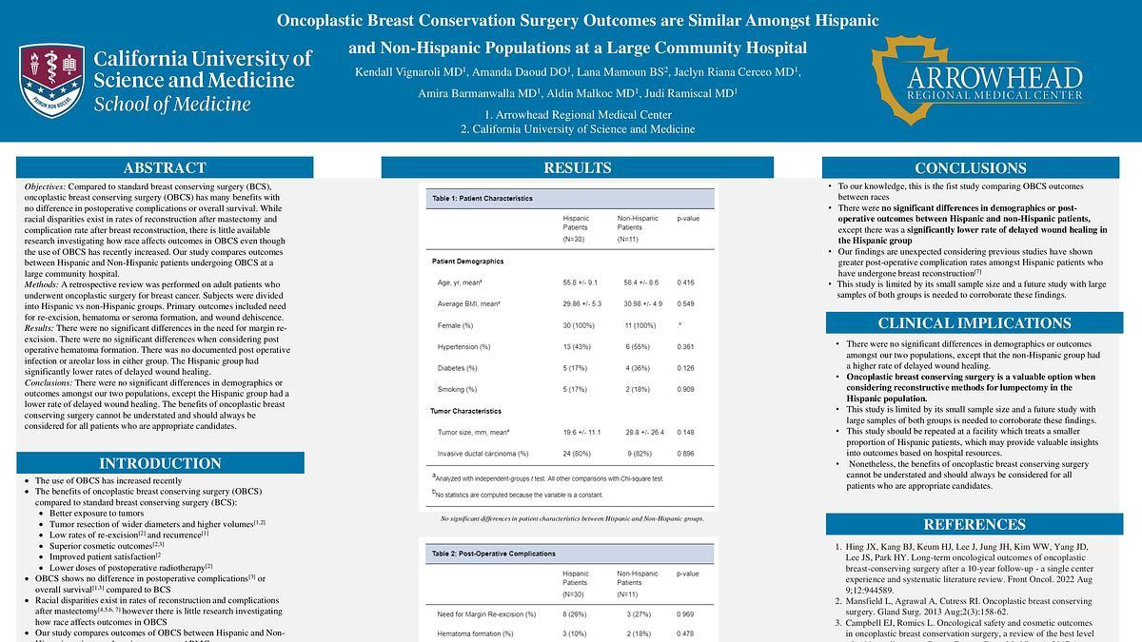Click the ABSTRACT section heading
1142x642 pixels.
coord(165,168)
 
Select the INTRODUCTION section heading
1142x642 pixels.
coord(160,463)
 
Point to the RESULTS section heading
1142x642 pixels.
coord(577,168)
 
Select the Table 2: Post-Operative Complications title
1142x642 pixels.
coord(494,553)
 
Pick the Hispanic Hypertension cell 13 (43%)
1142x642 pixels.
coord(581,346)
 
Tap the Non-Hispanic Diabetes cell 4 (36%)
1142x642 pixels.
coord(635,367)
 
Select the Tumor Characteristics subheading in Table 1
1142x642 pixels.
coord(466,411)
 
